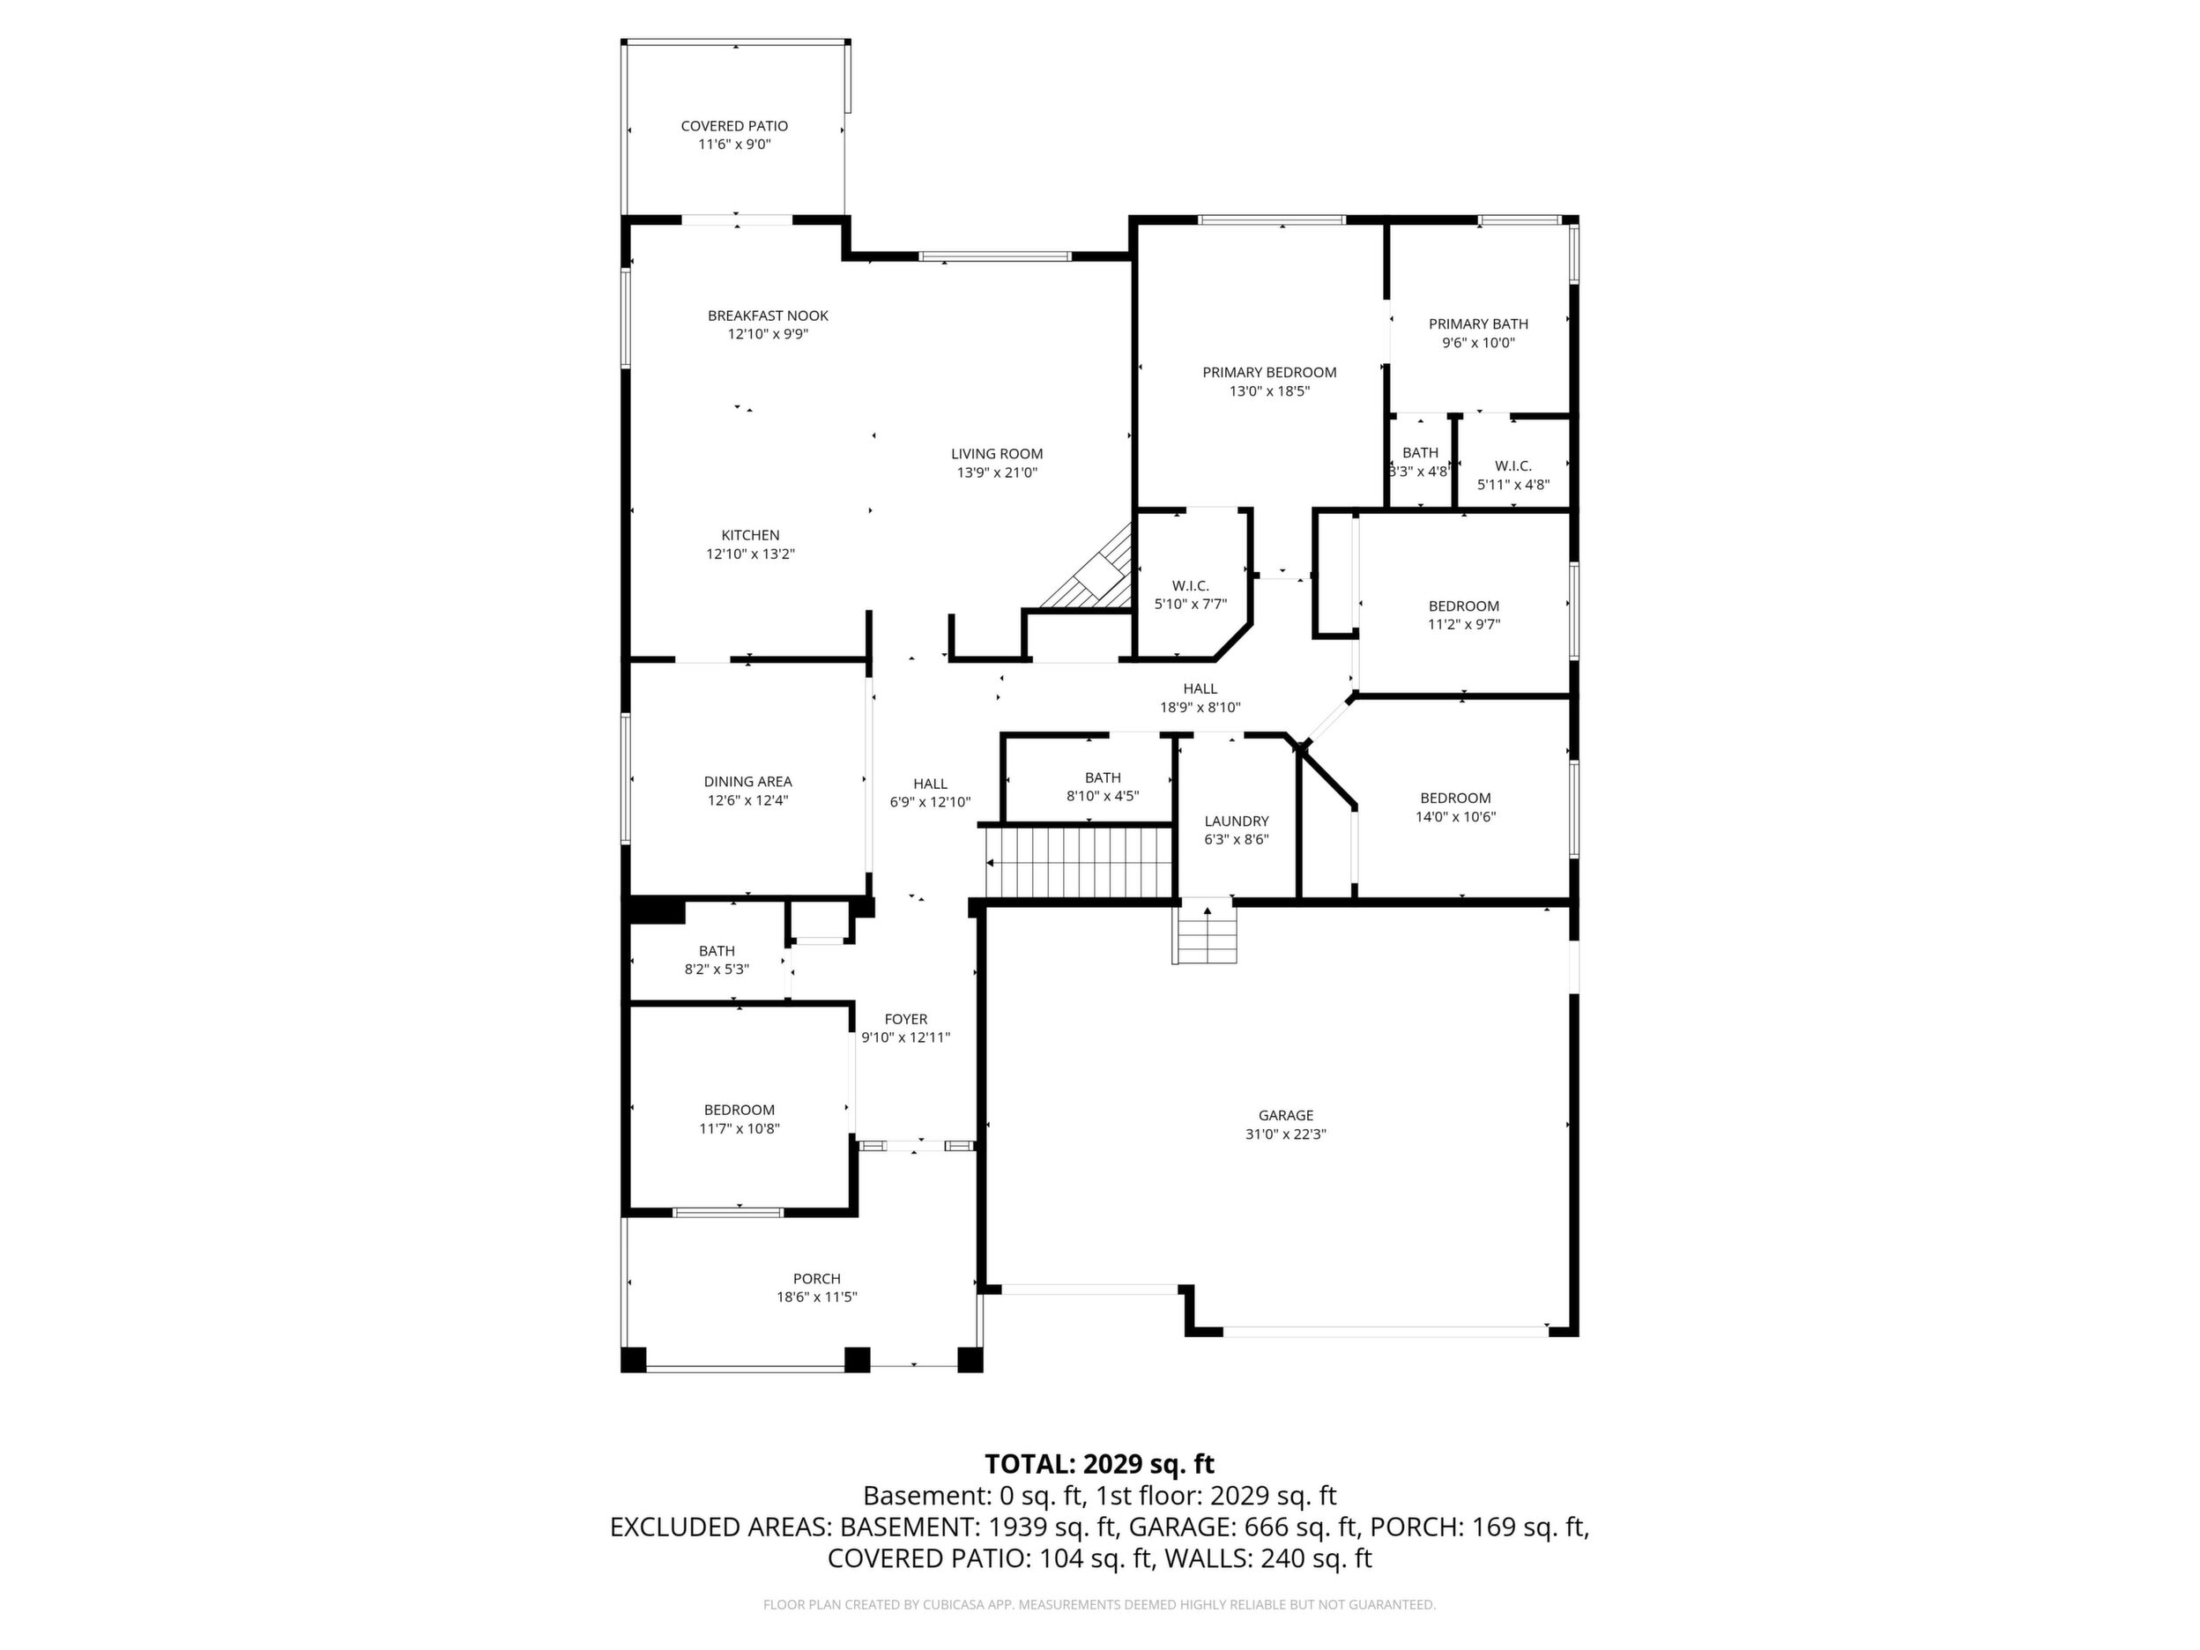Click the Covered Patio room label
click(x=734, y=126)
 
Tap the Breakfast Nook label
click(x=768, y=316)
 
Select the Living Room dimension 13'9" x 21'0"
click(x=997, y=473)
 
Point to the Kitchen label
click(x=750, y=536)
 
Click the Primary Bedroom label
click(x=1269, y=373)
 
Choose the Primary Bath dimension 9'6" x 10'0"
click(x=1478, y=343)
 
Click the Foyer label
click(x=906, y=1020)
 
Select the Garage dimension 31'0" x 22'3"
click(x=1286, y=1133)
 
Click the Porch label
click(x=816, y=1279)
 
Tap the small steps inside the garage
click(x=1207, y=934)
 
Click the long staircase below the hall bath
click(x=1078, y=861)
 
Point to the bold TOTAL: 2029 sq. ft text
click(x=1099, y=1464)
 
